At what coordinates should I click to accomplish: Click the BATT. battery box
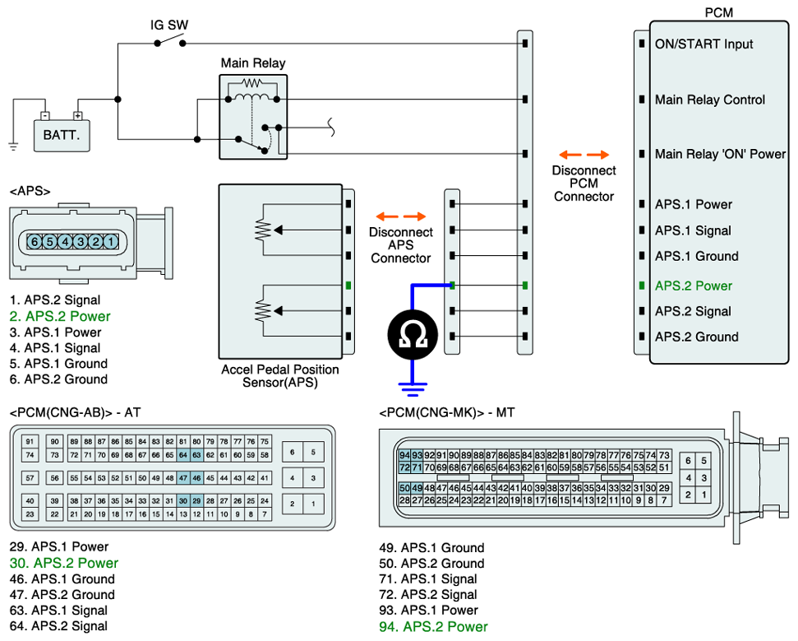click(x=62, y=135)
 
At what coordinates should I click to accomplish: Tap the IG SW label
click(x=169, y=25)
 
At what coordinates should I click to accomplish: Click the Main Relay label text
click(x=253, y=63)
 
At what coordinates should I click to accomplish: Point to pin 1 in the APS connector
click(x=111, y=242)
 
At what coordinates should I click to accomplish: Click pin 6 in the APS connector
click(x=35, y=242)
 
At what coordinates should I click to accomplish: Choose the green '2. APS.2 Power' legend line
click(x=60, y=316)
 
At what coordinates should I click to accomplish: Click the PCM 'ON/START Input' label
click(x=703, y=44)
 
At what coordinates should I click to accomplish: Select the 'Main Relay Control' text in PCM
click(x=709, y=100)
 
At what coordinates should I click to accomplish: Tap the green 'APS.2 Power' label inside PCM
click(x=693, y=286)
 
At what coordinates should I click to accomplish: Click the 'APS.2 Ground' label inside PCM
click(x=696, y=337)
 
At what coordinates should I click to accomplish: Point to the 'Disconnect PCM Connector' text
click(x=584, y=183)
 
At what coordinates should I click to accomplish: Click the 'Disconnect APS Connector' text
click(x=400, y=245)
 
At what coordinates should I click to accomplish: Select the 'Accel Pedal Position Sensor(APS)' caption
click(x=280, y=376)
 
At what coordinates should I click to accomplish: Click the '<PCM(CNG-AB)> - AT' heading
click(x=80, y=411)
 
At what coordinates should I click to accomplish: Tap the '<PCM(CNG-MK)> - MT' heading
click(x=447, y=412)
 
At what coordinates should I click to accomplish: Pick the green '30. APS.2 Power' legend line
click(x=64, y=563)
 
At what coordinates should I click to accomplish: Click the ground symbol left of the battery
click(x=13, y=146)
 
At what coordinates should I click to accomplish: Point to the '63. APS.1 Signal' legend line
click(x=58, y=611)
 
